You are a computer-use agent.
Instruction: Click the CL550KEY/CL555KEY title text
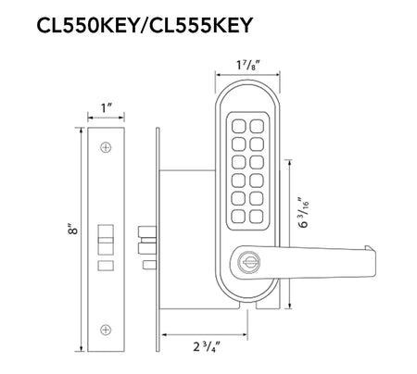tap(145, 25)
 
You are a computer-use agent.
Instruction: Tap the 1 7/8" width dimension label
tap(247, 65)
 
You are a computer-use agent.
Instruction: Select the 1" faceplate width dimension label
tap(106, 108)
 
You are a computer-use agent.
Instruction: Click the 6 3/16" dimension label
tap(303, 211)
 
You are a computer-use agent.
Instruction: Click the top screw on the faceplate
tap(106, 147)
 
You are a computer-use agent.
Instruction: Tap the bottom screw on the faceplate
tap(106, 330)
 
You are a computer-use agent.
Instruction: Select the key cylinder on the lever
tap(248, 262)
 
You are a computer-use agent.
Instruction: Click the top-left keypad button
tap(239, 126)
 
